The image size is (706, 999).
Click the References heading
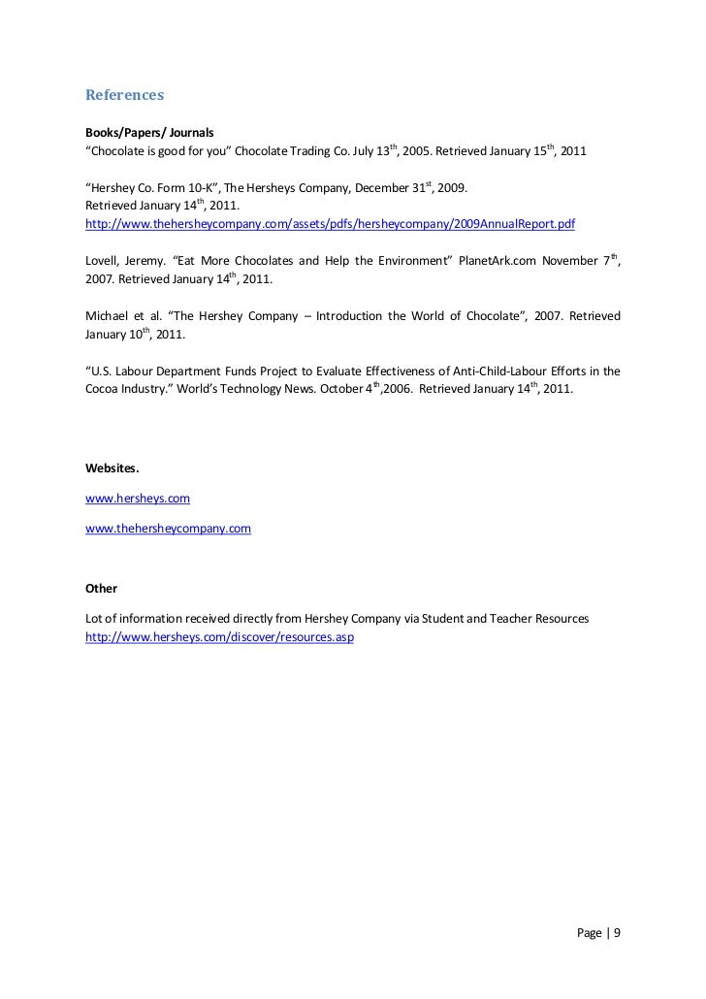125,96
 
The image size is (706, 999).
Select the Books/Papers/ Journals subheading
148,134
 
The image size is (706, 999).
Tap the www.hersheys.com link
138,498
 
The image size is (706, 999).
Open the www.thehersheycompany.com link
169,529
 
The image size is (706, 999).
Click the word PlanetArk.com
491,261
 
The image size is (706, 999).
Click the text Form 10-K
184,187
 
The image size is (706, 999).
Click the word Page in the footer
589,934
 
